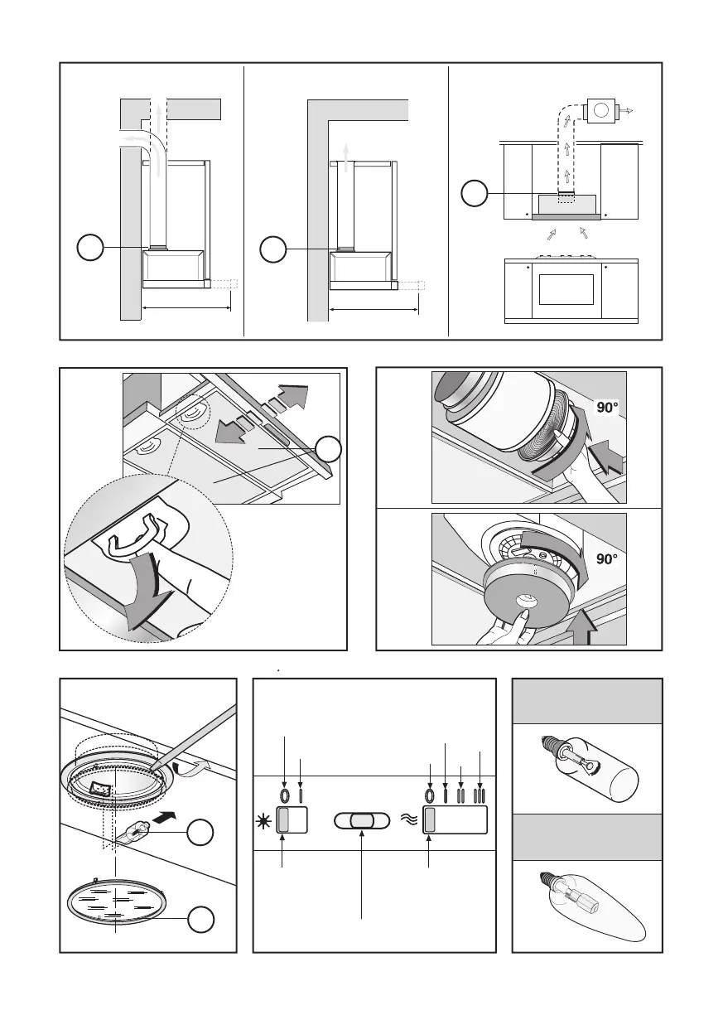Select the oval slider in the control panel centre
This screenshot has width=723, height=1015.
click(x=361, y=821)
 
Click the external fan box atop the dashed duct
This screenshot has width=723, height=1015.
click(x=599, y=110)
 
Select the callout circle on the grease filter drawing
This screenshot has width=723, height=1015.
click(x=329, y=451)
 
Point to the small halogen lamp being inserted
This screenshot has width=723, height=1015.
click(x=140, y=830)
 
